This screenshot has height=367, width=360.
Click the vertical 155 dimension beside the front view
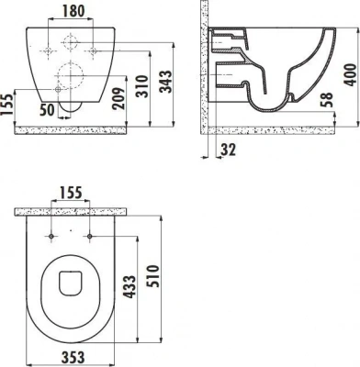7,103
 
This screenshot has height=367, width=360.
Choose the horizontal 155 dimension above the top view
71,194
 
